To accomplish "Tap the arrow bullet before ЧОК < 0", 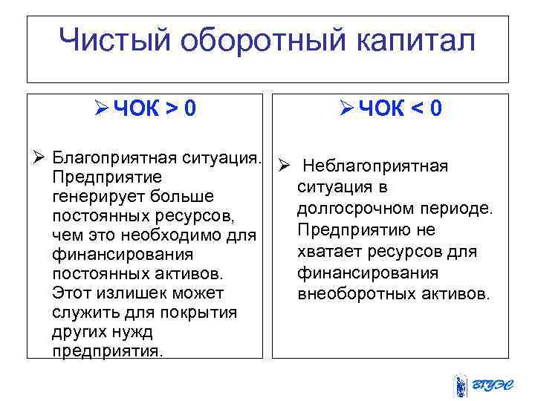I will tap(346, 110).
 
